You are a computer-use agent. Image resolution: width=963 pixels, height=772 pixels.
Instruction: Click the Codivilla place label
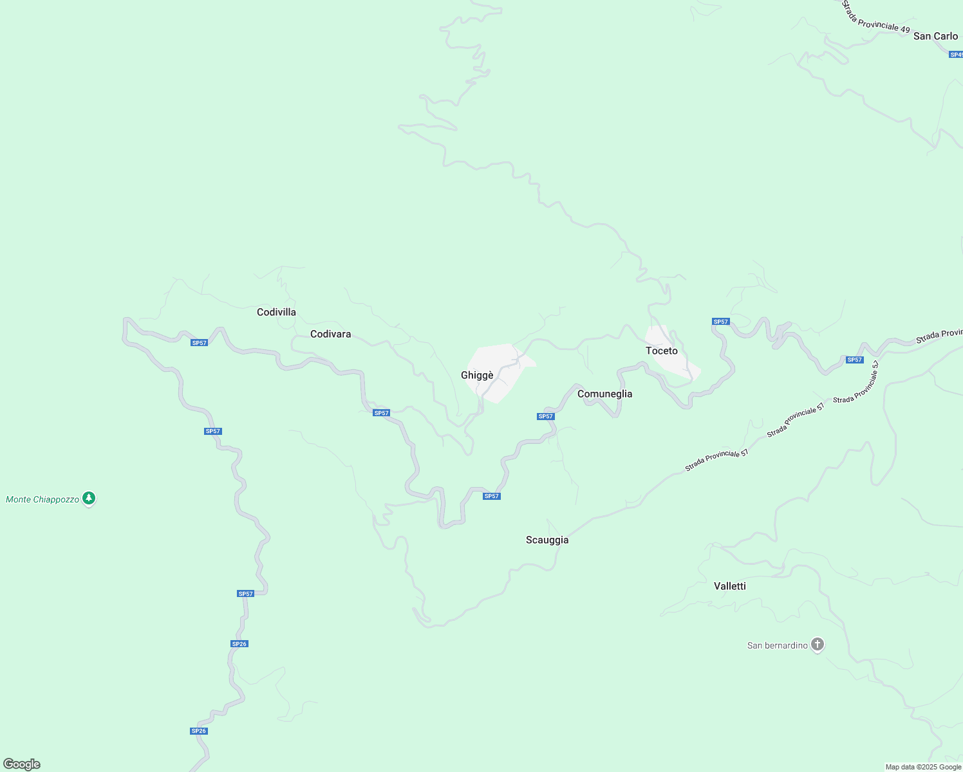pyautogui.click(x=276, y=312)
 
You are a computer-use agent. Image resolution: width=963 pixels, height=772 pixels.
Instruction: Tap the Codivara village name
pyautogui.click(x=330, y=334)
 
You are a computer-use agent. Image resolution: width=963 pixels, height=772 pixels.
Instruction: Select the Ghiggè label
pyautogui.click(x=477, y=375)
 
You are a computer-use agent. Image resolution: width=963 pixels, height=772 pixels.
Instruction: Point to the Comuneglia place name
pyautogui.click(x=604, y=394)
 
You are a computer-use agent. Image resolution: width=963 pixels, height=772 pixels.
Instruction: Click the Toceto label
pyautogui.click(x=661, y=351)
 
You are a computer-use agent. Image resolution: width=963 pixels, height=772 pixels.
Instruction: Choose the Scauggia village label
pyautogui.click(x=547, y=540)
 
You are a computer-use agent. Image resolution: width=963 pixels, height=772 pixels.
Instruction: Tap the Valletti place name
pyautogui.click(x=729, y=586)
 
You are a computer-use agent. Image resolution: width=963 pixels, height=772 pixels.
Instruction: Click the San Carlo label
pyautogui.click(x=935, y=36)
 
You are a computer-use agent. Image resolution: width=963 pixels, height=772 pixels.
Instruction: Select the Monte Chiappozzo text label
pyautogui.click(x=42, y=499)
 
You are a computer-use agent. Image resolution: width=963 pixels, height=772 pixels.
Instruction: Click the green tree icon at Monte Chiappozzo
pyautogui.click(x=89, y=498)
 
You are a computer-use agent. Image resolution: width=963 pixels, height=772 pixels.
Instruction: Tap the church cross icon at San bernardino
pyautogui.click(x=817, y=644)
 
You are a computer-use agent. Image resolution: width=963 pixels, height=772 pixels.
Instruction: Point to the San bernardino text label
pyautogui.click(x=777, y=645)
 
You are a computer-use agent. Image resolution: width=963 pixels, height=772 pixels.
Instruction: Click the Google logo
pyautogui.click(x=22, y=764)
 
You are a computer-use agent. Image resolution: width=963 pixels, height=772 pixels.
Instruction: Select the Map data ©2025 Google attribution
pyautogui.click(x=923, y=767)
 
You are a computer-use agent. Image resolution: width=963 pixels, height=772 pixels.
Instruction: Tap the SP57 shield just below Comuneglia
pyautogui.click(x=545, y=416)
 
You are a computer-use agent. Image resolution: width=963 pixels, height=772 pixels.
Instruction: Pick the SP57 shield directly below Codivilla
pyautogui.click(x=199, y=343)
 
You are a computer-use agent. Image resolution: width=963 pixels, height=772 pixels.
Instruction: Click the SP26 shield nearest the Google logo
pyautogui.click(x=198, y=731)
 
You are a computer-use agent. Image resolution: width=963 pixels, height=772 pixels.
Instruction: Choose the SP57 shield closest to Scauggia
pyautogui.click(x=491, y=496)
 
